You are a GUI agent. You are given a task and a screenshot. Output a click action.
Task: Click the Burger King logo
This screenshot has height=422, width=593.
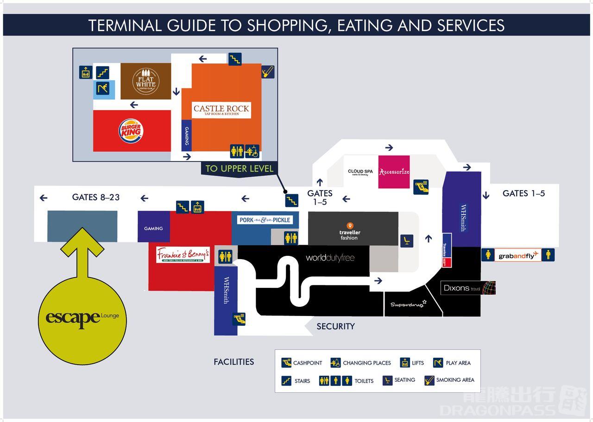click(130, 130)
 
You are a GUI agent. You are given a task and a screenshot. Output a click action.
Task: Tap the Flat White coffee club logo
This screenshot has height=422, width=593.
click(145, 81)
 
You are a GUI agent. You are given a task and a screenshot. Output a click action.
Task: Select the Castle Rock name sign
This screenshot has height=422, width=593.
click(221, 110)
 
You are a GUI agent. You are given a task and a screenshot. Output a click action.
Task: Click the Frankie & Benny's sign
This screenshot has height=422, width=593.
click(183, 255)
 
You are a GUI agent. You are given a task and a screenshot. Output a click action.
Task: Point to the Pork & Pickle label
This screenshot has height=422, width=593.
click(265, 220)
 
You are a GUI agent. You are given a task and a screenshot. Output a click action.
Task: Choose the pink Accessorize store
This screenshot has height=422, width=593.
click(394, 172)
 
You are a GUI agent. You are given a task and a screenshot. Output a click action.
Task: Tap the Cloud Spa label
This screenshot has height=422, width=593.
click(360, 172)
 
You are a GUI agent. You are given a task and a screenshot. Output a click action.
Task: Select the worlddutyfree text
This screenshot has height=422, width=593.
click(330, 258)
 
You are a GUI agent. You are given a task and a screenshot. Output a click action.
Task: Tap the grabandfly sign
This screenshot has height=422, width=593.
click(518, 255)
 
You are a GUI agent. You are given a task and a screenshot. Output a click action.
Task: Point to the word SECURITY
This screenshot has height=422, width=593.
click(335, 327)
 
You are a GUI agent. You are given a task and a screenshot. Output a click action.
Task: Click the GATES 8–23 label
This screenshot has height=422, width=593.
click(96, 197)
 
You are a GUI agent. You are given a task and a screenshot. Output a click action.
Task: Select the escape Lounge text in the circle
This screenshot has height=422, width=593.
click(82, 318)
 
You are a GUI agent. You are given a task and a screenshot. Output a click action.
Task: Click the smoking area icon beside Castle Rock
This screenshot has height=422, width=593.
click(268, 72)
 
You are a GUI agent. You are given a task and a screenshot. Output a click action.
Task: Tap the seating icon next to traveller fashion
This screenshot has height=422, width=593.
click(406, 241)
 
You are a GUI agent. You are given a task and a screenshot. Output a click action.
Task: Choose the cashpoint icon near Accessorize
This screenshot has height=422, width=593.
click(421, 186)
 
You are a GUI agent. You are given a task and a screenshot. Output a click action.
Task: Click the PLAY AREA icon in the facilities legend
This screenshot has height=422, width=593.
click(438, 363)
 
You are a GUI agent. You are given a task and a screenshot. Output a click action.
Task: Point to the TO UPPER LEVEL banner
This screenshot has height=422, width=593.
click(239, 168)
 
